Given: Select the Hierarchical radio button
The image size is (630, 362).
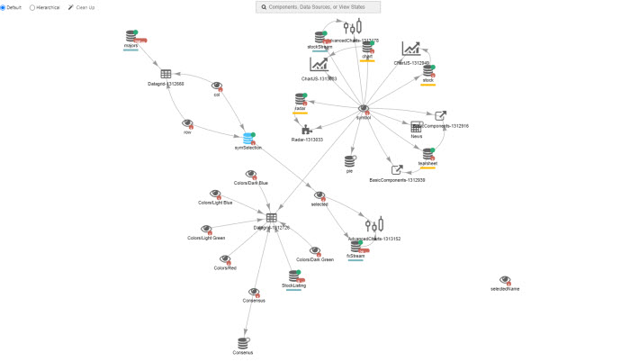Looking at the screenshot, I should pos(32,7).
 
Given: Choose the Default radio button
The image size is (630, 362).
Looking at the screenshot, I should pos(3,7).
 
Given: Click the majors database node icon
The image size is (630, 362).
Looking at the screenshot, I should pos(131,37).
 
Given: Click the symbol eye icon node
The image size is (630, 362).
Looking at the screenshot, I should pos(364,108).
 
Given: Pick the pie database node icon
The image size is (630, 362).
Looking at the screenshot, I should pos(350,160).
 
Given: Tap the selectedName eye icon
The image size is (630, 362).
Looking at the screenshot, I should pos(505,280).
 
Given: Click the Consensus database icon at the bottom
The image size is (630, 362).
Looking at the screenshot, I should pos(242,342).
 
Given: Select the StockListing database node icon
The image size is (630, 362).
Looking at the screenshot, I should pos(293,276).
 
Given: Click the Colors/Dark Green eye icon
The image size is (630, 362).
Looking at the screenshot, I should pos(313,250).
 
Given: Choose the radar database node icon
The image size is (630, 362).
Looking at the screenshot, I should pos(301,99).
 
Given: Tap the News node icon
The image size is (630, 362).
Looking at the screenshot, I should pos(417,127).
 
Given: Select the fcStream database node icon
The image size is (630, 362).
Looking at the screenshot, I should pos(356,246).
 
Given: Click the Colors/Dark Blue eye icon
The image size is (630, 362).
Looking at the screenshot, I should pos(251,174).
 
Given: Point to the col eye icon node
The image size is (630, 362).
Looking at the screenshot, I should pos(217,86).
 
